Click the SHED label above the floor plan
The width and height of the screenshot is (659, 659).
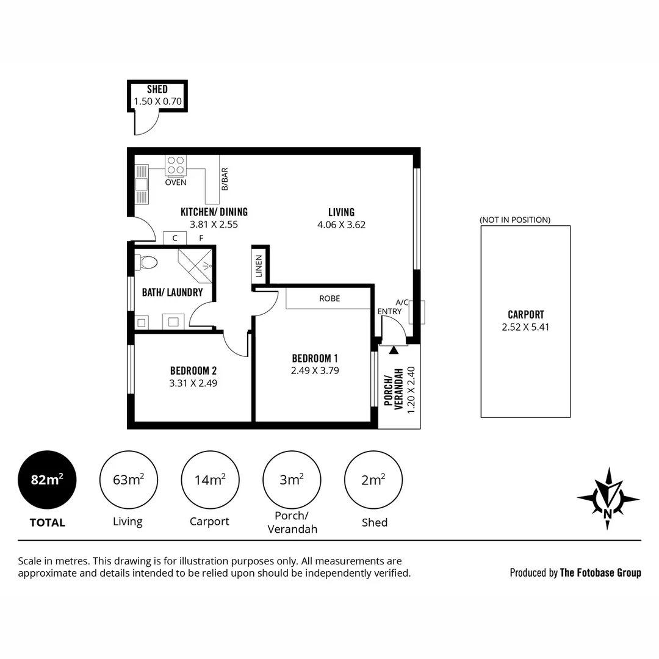157,90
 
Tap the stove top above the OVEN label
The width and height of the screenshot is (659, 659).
176,165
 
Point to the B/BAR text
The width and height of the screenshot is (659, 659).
225,179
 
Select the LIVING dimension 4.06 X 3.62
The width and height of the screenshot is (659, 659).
341,225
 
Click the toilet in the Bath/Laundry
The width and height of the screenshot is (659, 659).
146,262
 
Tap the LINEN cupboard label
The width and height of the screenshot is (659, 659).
259,266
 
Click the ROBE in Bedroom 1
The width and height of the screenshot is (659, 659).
329,298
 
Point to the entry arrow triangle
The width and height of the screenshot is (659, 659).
394,350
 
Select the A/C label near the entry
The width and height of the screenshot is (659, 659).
402,302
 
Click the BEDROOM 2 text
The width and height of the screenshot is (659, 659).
193,370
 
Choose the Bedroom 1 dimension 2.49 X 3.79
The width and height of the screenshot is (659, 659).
315,370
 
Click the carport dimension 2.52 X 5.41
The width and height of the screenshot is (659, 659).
525,326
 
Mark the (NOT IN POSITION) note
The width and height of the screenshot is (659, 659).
514,220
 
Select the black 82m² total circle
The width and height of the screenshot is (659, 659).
47,480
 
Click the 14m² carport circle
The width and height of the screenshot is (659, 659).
209,480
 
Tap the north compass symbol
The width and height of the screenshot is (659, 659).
608,498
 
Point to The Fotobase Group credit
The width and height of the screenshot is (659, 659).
600,572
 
